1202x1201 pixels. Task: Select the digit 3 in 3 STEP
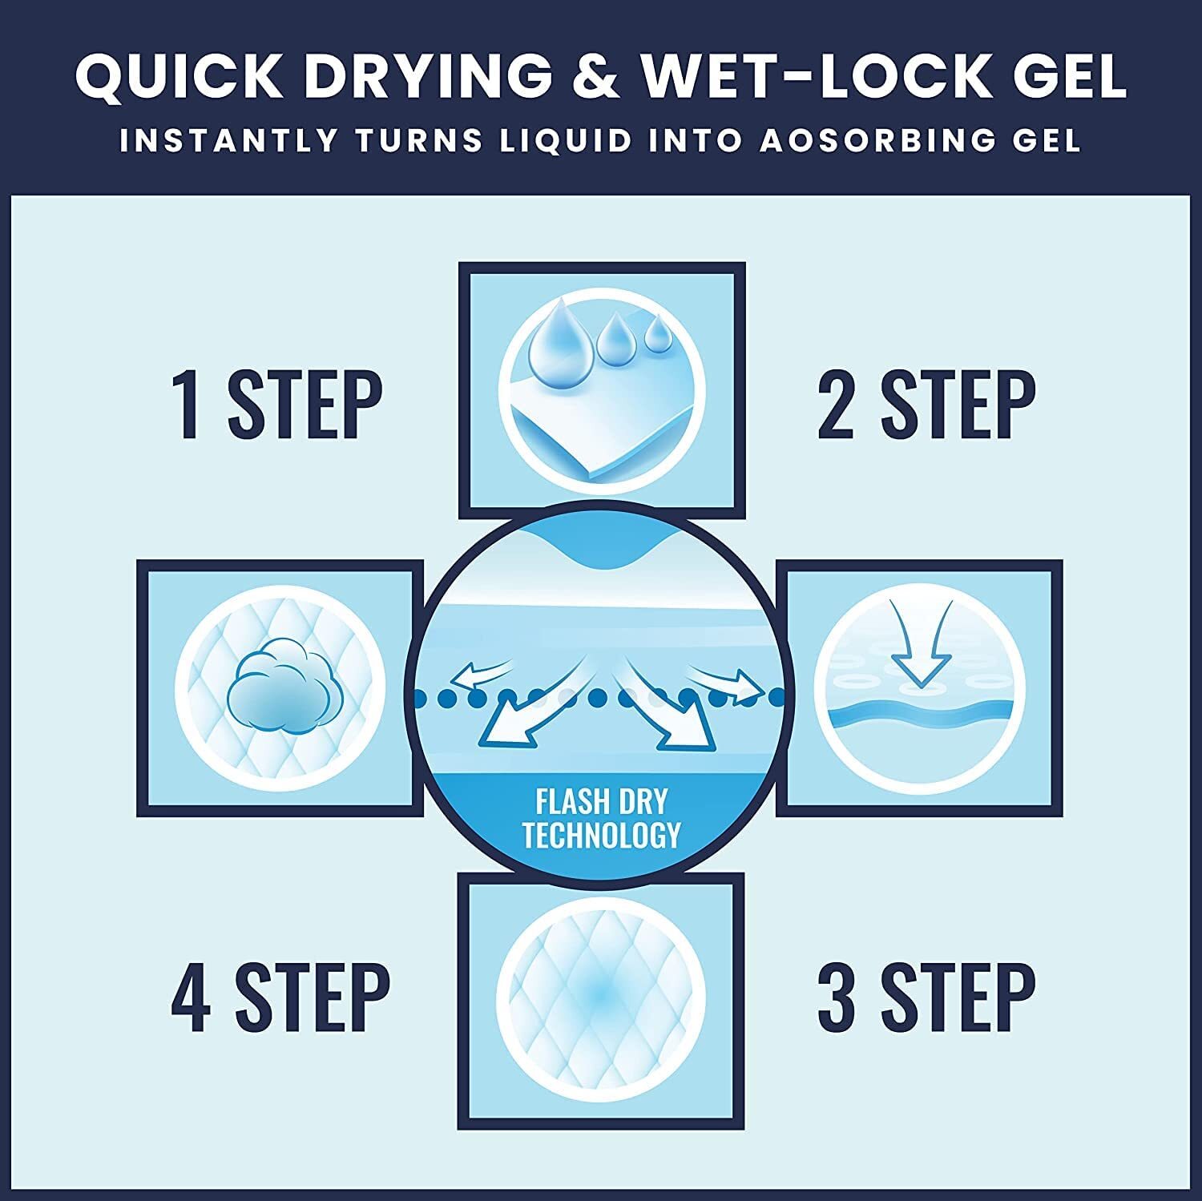[x=837, y=997]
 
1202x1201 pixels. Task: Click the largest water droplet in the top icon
[x=561, y=337]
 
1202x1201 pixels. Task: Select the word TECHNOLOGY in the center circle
[x=602, y=835]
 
